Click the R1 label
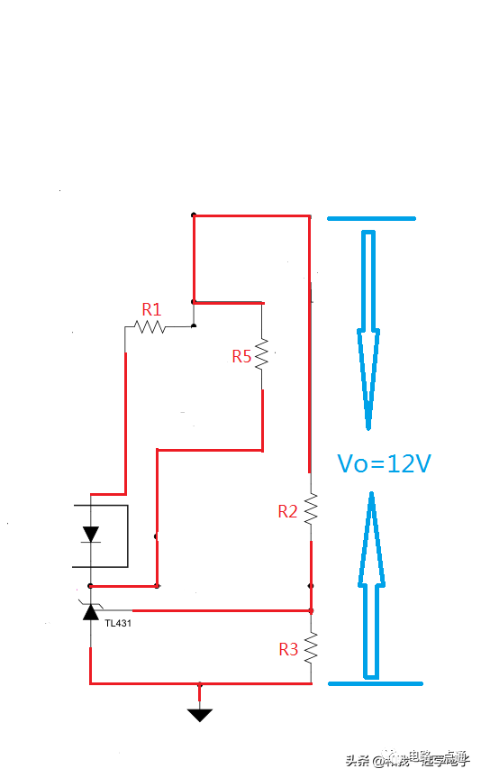point(151,309)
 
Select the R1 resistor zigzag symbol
point(150,326)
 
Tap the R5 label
point(241,356)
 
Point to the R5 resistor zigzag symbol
point(262,354)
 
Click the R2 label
point(287,511)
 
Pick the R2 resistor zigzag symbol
point(311,510)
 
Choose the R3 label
point(288,648)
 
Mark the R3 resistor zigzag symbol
point(311,647)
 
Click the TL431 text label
point(118,623)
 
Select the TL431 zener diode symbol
point(90,611)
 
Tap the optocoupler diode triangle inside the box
point(90,534)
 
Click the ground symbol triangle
point(200,714)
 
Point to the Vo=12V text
point(385,463)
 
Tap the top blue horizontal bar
point(371,218)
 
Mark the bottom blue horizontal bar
point(376,683)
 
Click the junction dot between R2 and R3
point(311,586)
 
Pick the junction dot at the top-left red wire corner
point(194,215)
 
